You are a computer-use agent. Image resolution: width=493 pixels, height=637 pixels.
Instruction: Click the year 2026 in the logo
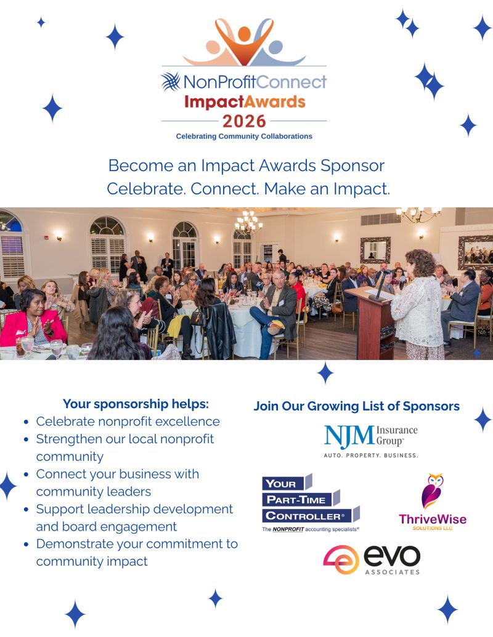click(244, 121)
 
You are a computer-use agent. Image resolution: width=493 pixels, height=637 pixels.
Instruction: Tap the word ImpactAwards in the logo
click(245, 102)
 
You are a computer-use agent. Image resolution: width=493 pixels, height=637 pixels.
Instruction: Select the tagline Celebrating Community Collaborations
click(244, 136)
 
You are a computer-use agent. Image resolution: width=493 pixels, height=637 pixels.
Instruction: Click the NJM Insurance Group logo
click(371, 441)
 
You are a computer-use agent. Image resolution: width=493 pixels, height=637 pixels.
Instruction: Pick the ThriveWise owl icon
click(433, 491)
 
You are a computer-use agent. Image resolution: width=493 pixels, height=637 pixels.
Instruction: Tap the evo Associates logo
click(372, 560)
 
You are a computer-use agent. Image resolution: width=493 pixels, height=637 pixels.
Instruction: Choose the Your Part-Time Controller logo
click(311, 503)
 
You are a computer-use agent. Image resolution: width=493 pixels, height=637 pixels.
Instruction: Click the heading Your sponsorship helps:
click(136, 404)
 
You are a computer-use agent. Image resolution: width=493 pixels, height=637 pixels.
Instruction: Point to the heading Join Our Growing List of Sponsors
click(357, 406)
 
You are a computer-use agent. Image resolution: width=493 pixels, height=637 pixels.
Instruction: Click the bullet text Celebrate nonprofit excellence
click(128, 421)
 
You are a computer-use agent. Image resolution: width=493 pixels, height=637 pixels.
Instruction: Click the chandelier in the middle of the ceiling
click(248, 221)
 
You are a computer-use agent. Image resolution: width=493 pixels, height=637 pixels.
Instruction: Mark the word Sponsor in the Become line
click(352, 166)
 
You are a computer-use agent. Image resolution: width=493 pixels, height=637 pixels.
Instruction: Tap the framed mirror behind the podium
click(375, 250)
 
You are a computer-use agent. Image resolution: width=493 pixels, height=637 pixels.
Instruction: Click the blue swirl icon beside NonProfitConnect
click(171, 81)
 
